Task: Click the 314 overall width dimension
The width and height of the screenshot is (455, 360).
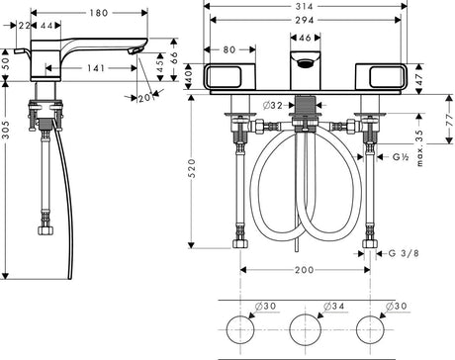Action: [x=304, y=6]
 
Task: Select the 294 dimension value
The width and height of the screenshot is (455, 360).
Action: [x=304, y=21]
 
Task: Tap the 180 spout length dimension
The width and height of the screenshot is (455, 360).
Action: [x=99, y=13]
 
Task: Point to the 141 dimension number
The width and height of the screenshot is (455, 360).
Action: [x=96, y=68]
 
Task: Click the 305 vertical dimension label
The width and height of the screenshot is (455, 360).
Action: [x=7, y=130]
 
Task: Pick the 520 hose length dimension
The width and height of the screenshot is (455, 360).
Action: [x=192, y=168]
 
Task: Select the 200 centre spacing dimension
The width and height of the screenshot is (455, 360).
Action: [x=304, y=270]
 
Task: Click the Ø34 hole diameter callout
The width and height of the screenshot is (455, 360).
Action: [x=333, y=307]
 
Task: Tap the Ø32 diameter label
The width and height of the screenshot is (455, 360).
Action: [x=273, y=105]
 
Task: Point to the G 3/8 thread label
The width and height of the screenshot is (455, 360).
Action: [x=404, y=253]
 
